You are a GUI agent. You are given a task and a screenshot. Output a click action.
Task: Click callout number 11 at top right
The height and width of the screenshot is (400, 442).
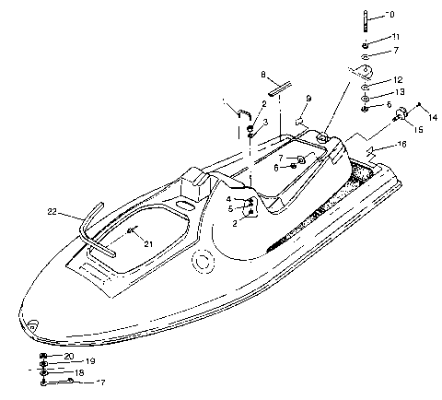point(396,36)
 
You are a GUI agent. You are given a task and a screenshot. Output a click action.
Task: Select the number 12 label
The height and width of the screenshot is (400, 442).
point(398,80)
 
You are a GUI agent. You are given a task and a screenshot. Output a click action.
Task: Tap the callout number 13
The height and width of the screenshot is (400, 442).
point(398,93)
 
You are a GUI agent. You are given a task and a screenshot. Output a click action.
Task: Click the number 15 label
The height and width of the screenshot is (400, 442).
point(418,130)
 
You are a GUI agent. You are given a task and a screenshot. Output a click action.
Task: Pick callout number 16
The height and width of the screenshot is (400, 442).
point(401,146)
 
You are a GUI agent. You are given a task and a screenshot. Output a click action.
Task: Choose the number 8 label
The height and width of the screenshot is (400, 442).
point(263,74)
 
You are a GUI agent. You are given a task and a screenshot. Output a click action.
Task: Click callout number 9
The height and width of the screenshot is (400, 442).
point(308,99)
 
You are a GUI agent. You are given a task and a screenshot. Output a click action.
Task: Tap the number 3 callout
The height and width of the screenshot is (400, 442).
point(264,121)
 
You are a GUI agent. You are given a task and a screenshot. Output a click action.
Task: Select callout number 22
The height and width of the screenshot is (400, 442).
point(52,212)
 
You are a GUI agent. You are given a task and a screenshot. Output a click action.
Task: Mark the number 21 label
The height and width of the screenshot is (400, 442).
point(147,243)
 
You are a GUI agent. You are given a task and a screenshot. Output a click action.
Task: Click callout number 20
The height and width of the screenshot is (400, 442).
point(69,356)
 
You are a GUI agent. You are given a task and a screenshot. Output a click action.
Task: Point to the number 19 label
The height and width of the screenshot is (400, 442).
point(90,361)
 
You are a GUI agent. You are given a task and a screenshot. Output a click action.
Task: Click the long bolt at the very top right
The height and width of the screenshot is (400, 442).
point(366,19)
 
